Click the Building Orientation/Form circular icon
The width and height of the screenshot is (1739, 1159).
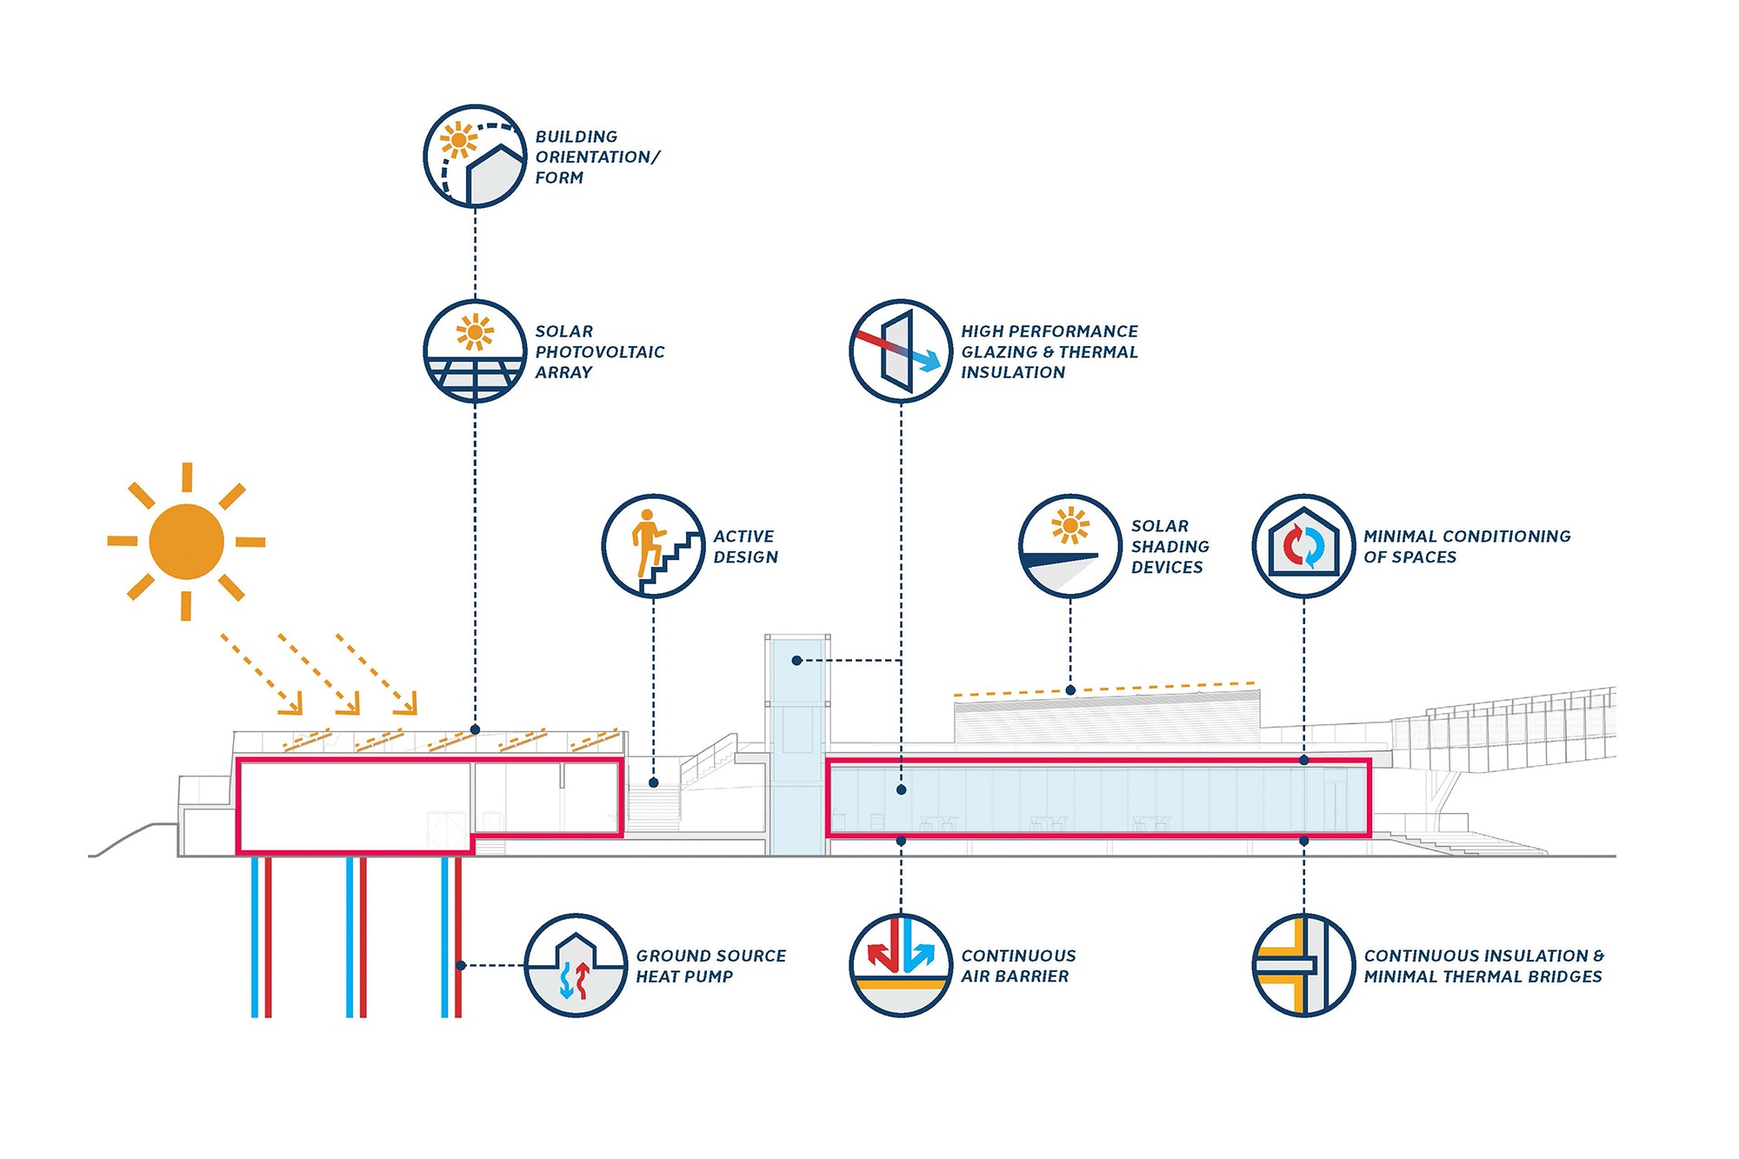click(x=475, y=157)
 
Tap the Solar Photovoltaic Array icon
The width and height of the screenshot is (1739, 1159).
click(x=475, y=351)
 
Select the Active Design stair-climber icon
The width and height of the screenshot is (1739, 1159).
click(x=653, y=546)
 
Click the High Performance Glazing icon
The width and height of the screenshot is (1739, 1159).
click(x=901, y=351)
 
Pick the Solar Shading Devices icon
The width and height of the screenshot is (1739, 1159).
click(x=1069, y=546)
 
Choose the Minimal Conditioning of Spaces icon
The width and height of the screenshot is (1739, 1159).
click(x=1303, y=546)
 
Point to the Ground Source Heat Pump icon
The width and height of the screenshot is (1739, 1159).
click(x=576, y=965)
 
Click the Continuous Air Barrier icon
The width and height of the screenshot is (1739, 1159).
click(x=901, y=965)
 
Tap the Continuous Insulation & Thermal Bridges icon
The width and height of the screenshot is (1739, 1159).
click(x=1303, y=965)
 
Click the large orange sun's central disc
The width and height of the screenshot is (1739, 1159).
click(x=186, y=542)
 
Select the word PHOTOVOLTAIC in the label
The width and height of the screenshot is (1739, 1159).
click(x=599, y=352)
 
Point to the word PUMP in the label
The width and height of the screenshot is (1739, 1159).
click(x=709, y=976)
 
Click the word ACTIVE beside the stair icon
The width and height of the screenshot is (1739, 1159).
click(x=743, y=536)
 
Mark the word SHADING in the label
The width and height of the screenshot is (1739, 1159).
click(x=1169, y=547)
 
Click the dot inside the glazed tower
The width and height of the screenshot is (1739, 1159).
click(x=796, y=661)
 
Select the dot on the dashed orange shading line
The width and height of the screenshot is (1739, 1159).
click(x=1070, y=690)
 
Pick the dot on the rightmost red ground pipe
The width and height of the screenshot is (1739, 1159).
click(x=461, y=965)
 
